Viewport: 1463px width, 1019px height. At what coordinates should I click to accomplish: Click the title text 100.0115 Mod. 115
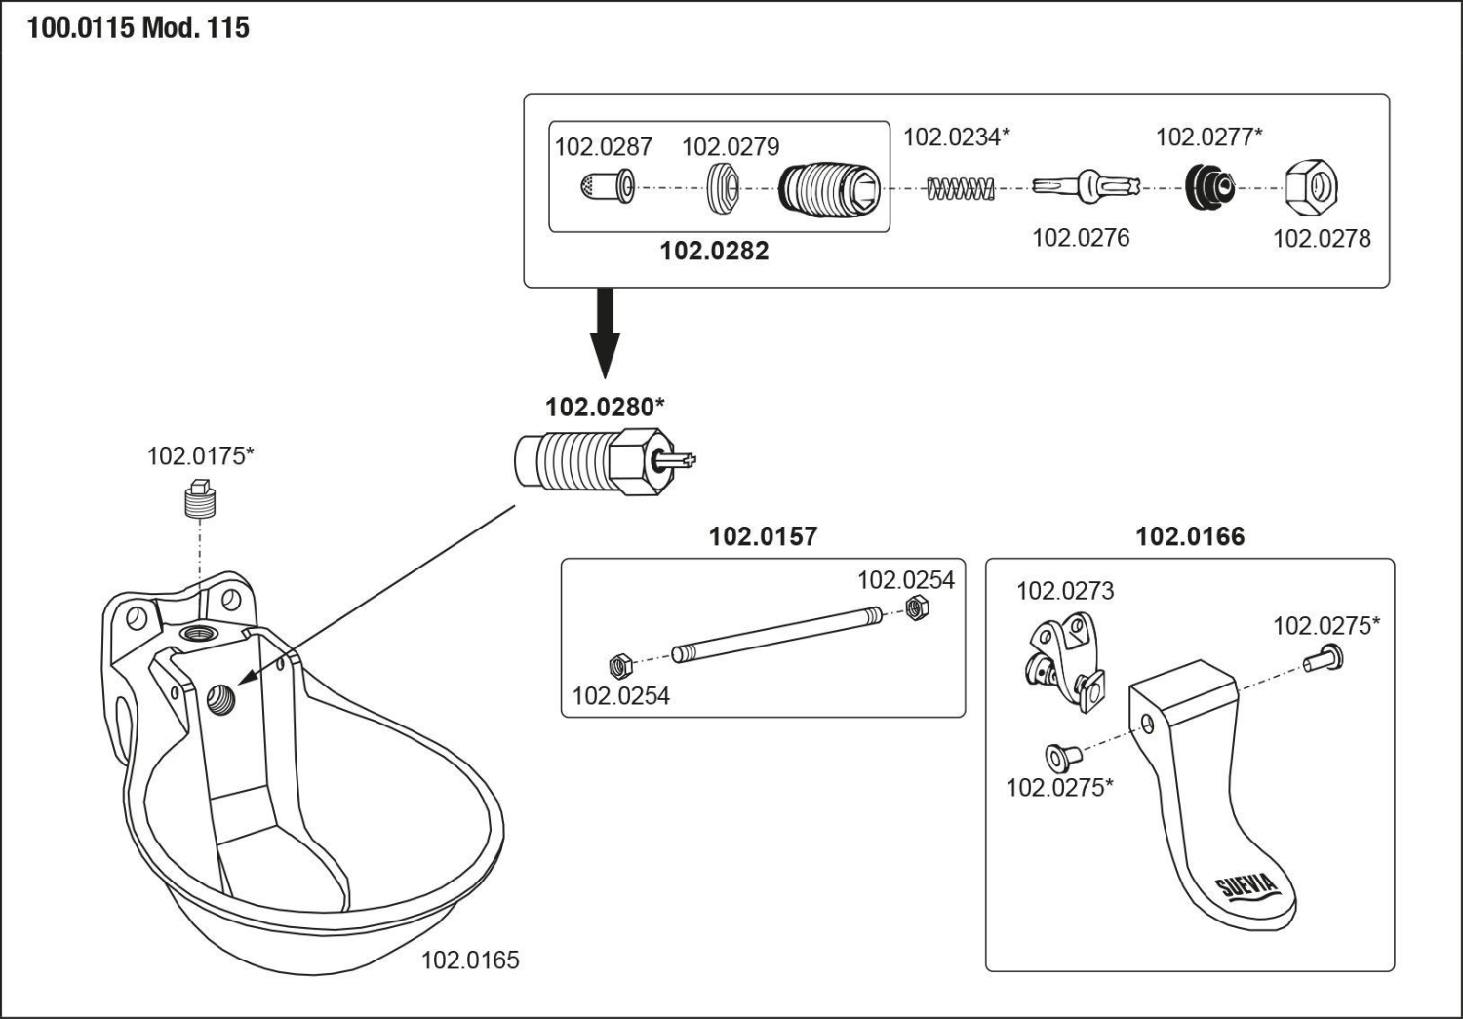(138, 27)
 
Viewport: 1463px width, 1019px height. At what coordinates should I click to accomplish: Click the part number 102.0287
(603, 147)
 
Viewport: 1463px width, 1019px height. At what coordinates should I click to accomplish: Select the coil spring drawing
(960, 187)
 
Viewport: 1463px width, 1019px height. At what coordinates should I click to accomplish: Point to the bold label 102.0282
(714, 252)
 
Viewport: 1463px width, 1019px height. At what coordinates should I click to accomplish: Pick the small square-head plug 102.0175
(200, 499)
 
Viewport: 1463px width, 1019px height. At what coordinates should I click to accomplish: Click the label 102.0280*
(605, 408)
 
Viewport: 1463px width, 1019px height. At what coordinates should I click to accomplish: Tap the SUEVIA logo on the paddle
(1246, 889)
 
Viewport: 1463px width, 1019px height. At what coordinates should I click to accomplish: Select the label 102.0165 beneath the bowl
(470, 960)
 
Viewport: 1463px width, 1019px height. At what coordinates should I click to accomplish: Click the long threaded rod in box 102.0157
(775, 634)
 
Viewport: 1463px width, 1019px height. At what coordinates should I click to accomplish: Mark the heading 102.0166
(1190, 537)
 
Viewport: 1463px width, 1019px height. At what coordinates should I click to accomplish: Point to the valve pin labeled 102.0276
(1086, 185)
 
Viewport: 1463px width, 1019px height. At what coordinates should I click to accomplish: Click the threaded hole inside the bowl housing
(221, 699)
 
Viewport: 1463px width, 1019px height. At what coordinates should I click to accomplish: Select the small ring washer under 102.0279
(722, 186)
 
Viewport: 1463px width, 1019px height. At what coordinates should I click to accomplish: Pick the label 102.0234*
(956, 137)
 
